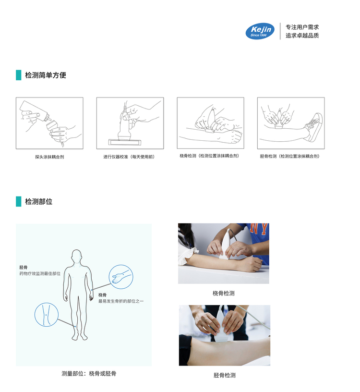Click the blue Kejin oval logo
point(260,31)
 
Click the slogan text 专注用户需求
point(302,27)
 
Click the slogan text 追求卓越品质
point(302,36)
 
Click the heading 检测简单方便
point(45,75)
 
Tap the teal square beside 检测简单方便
point(18,75)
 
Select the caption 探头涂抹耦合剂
point(49,157)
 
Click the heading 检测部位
point(38,201)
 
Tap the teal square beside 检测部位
point(18,201)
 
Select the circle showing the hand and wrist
point(120,277)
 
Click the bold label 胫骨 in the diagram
point(24,267)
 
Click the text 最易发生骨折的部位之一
point(121,301)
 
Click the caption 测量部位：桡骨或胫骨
point(89,373)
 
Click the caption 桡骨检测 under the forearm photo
point(224,293)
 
